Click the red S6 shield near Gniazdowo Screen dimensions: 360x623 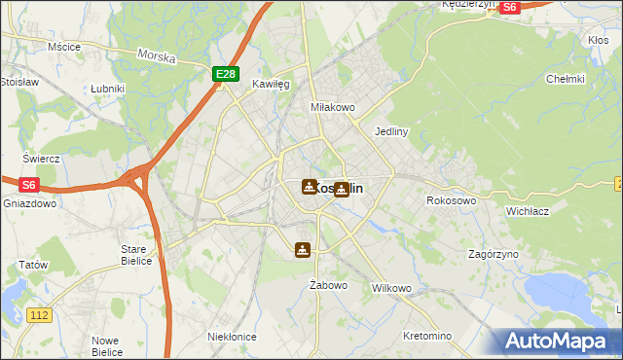(x=28, y=183)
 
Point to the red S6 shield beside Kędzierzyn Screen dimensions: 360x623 (x=509, y=7)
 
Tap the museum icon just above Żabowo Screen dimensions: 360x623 (x=304, y=250)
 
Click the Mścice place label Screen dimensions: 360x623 (x=63, y=46)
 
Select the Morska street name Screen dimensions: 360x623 (x=157, y=57)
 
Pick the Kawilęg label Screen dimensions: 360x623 (x=272, y=85)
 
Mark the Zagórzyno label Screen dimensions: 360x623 (x=493, y=254)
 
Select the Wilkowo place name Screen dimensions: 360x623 (x=392, y=289)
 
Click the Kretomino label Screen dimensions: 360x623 (x=427, y=336)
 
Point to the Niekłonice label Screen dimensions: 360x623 (x=232, y=336)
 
